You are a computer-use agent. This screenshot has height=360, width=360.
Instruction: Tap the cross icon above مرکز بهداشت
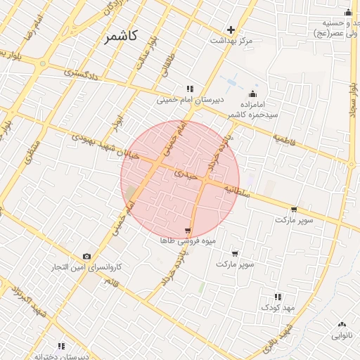231,30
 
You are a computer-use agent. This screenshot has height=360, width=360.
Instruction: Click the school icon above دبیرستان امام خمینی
189,89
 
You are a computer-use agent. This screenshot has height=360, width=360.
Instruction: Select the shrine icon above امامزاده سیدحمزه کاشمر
252,94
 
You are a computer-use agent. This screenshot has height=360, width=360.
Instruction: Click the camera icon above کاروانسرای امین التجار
86,256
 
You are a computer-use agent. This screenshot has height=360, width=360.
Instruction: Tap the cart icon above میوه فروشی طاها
188,231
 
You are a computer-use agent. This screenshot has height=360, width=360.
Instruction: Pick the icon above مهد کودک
278,297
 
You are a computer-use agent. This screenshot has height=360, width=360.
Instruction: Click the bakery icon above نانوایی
342,324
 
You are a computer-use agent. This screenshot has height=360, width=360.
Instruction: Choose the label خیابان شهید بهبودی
100,144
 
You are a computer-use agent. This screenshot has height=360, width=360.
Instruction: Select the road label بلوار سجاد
353,105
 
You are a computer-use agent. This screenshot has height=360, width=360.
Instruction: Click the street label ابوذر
117,127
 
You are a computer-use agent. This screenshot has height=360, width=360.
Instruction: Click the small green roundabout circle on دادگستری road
44,63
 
